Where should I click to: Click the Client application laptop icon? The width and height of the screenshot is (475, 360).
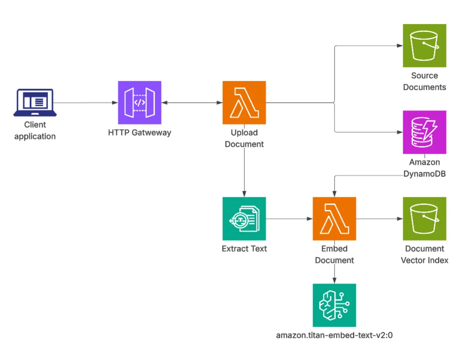point(35,103)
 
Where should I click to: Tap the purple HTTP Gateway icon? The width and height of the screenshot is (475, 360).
point(139,103)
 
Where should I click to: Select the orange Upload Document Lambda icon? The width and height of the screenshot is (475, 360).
point(244,103)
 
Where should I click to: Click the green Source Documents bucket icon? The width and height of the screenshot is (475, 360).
point(424,45)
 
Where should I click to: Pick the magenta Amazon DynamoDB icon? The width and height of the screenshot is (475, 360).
point(424,132)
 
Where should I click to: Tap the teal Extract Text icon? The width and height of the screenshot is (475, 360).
point(244,218)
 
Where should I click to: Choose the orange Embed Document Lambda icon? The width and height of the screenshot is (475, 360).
point(334,218)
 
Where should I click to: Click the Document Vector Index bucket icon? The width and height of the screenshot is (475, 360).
point(424,218)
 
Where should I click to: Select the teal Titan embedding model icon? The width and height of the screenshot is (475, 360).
point(334,305)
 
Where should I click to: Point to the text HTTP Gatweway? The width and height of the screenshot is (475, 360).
point(139,133)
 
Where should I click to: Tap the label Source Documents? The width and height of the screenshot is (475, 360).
point(424,81)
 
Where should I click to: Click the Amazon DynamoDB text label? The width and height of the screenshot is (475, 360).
point(424,168)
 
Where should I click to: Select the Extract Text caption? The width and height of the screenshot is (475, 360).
point(244,249)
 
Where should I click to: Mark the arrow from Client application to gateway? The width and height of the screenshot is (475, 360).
point(86,103)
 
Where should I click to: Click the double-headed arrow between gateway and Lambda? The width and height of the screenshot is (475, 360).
point(192,103)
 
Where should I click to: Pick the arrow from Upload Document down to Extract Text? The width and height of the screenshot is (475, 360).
point(244,173)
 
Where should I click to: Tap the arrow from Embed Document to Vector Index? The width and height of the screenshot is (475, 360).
point(379,218)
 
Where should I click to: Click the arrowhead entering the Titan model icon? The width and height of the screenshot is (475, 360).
point(334,281)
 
